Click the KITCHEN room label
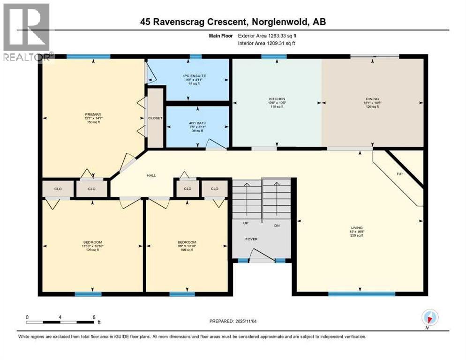pos(277,99)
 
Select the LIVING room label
pos(359,228)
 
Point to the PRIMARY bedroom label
pos(90,113)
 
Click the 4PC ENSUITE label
pos(194,75)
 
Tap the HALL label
pos(151,175)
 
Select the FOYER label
pos(252,239)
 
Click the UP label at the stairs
pos(245,223)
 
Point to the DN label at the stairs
pos(277,225)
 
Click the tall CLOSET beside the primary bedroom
pos(155,118)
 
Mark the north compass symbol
pos(428,318)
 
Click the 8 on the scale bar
pos(94,317)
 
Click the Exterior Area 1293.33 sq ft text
pos(267,35)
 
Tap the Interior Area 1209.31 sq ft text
pos(267,43)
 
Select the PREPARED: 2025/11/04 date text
pos(233,321)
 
